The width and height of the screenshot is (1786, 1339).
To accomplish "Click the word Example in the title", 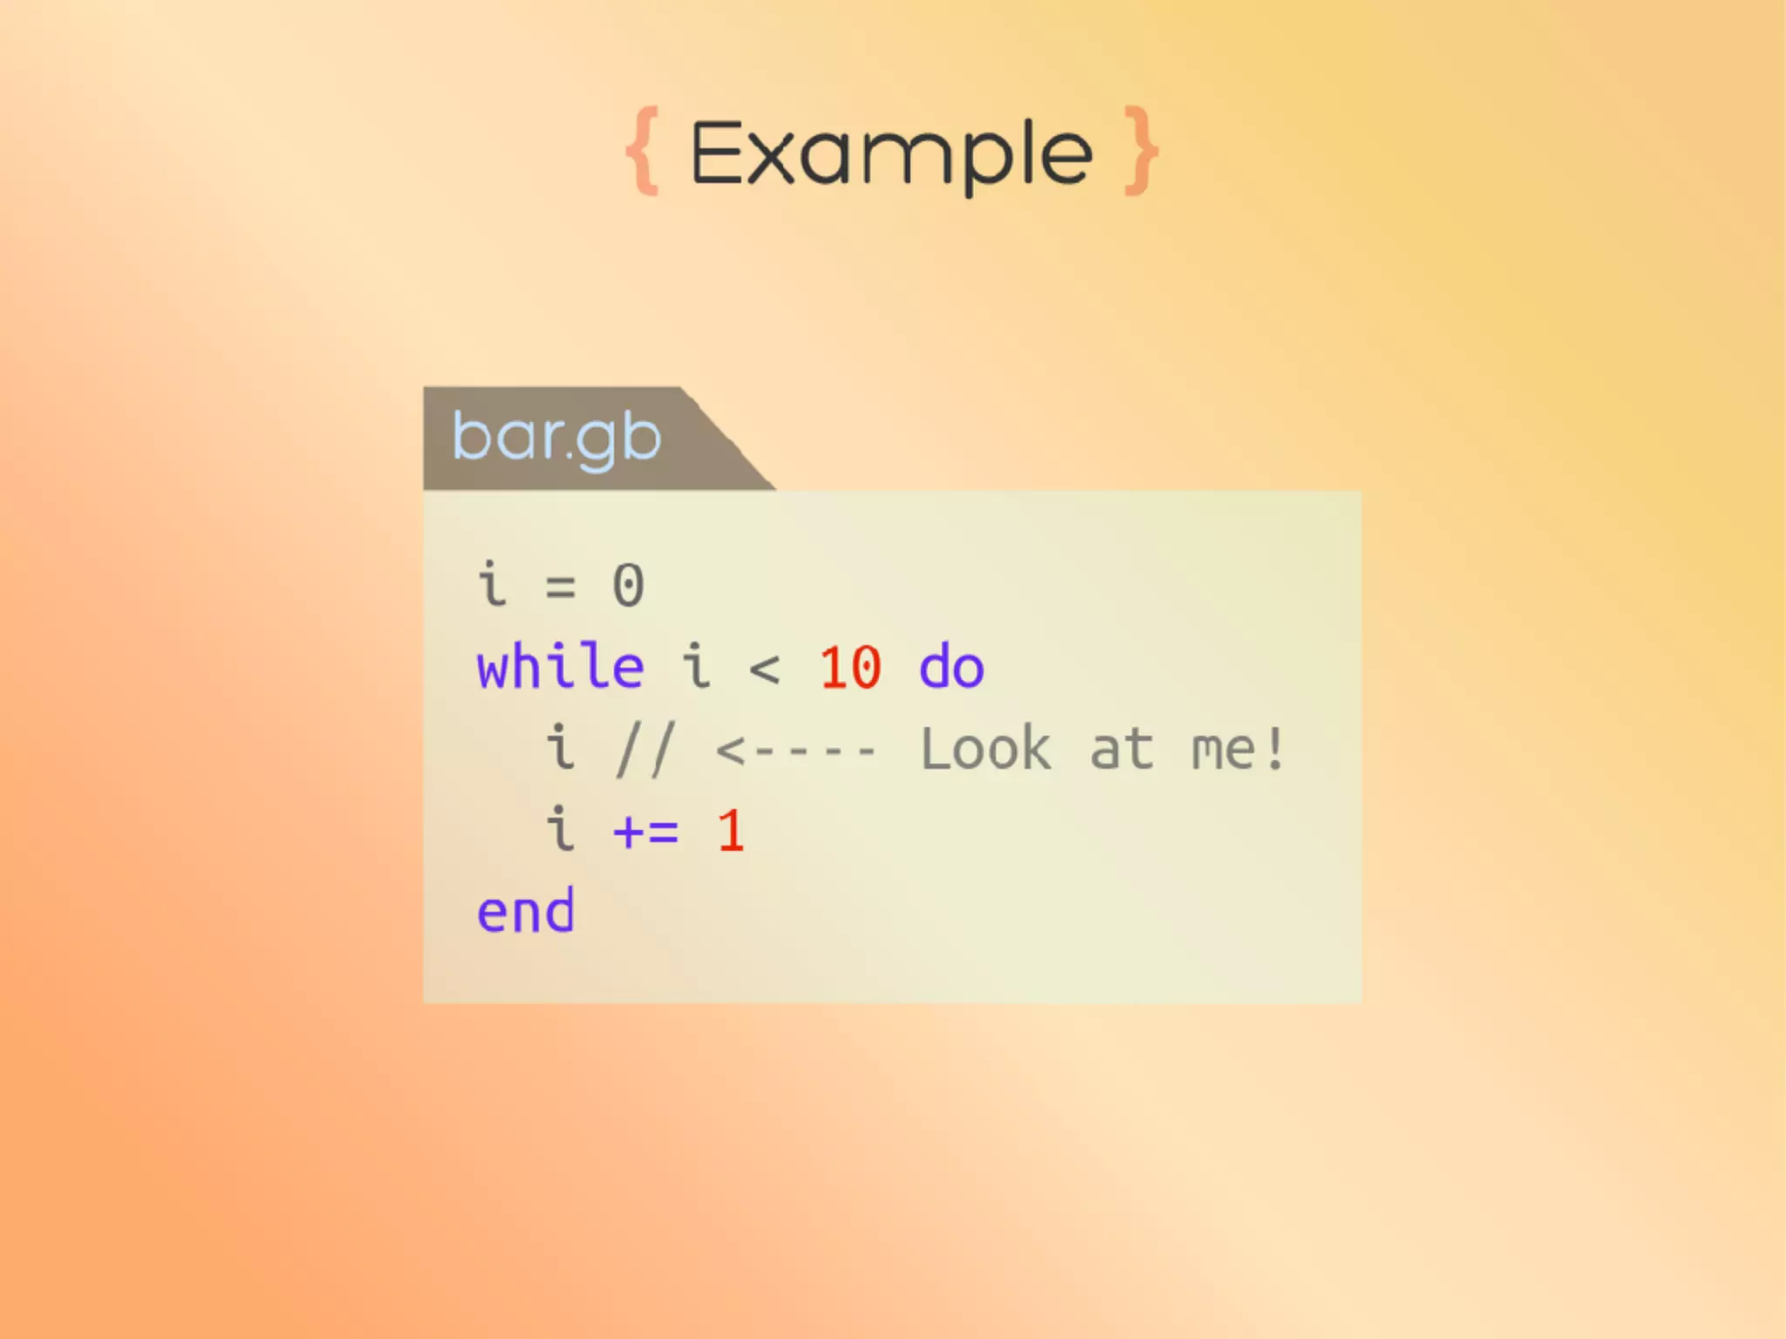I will (x=890, y=154).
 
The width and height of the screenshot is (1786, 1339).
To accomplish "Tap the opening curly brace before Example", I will (x=643, y=152).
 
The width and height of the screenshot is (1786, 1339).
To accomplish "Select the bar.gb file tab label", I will (x=556, y=438).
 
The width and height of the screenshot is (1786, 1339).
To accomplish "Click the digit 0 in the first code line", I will (x=628, y=585).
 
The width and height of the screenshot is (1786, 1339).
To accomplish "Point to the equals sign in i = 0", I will (x=560, y=587).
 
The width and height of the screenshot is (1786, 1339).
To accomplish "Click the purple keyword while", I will (x=560, y=667).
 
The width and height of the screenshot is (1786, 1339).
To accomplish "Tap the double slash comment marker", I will (x=644, y=749).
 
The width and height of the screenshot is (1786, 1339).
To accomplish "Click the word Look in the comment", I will (x=986, y=749).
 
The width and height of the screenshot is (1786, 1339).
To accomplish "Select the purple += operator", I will (x=645, y=831).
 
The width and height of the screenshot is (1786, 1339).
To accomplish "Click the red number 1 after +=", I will (x=731, y=831).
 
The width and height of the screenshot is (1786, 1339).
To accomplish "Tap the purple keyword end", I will (x=526, y=912).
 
